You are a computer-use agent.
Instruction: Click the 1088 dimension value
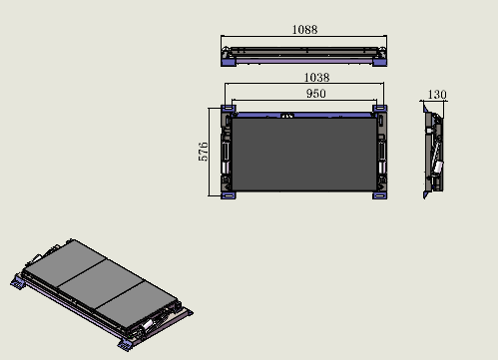(304, 30)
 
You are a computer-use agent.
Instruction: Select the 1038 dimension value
(316, 78)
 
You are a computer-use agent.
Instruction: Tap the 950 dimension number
(315, 94)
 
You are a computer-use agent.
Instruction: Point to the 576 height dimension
(203, 152)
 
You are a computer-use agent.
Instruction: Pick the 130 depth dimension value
(437, 95)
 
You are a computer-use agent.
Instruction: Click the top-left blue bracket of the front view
(229, 109)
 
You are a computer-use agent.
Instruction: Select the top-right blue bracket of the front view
(379, 109)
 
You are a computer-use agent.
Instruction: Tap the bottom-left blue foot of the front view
(229, 195)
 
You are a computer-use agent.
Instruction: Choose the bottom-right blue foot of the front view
(379, 195)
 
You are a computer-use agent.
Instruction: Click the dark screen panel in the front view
(304, 155)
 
